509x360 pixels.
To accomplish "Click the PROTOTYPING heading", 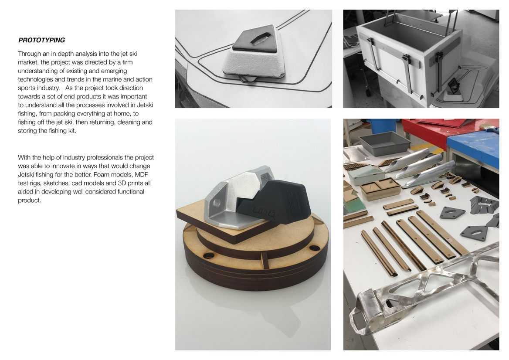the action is coord(41,40).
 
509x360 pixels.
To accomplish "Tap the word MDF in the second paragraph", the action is coord(142,174).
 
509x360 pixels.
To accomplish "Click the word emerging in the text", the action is coord(114,71).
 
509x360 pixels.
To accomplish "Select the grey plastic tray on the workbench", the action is coord(385,143).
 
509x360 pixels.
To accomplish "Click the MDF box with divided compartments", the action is coord(380,188).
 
